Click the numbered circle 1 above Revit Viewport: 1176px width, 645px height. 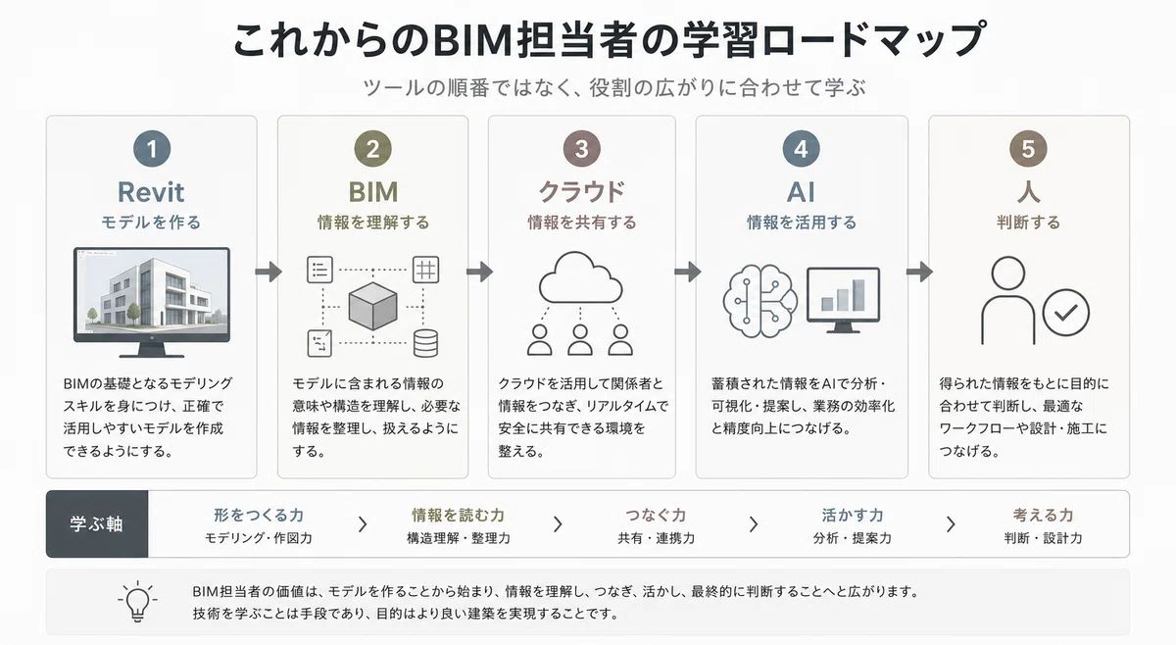(x=152, y=149)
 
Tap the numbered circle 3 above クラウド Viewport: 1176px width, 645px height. (x=581, y=149)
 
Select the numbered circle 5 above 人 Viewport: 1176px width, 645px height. (x=1028, y=149)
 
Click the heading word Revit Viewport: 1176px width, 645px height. (x=151, y=192)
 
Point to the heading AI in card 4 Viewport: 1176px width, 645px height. (x=801, y=192)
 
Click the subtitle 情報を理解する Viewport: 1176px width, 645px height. (x=372, y=223)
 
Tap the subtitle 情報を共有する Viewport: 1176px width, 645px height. (x=582, y=223)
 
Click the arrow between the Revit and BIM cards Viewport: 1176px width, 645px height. (x=269, y=272)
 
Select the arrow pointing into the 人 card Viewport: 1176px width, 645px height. (x=919, y=272)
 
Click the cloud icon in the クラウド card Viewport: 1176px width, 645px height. (x=580, y=277)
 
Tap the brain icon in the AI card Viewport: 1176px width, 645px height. (x=759, y=300)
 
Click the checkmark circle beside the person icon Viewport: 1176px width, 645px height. (x=1066, y=313)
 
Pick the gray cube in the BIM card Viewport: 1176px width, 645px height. (x=372, y=306)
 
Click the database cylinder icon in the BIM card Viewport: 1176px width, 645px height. (x=425, y=343)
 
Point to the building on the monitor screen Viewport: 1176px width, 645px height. (x=152, y=292)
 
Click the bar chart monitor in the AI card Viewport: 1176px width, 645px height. (x=843, y=300)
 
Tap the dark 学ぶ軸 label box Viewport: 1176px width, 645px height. (x=97, y=523)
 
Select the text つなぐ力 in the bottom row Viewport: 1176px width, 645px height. (x=656, y=515)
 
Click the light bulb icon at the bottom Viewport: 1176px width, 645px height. (x=137, y=602)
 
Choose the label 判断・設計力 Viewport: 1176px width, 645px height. (x=1043, y=538)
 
